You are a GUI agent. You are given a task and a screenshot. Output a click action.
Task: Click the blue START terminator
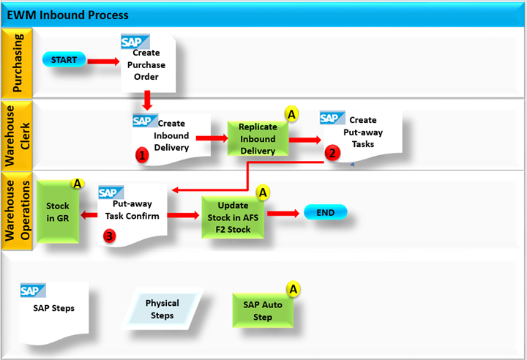64,59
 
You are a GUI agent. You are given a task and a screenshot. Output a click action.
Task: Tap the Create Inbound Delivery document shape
171,135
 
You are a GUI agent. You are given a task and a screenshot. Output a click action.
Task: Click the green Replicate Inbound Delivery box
257,138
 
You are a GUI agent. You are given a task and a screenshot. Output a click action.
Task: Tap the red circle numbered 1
142,154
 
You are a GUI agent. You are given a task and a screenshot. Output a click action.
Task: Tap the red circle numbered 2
333,154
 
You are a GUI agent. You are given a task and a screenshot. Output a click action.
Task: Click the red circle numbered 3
109,236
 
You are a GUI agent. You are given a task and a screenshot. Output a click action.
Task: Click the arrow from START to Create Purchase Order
103,60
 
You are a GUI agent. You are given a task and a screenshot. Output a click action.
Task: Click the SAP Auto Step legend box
263,311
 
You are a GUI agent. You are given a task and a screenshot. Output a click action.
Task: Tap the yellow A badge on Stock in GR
76,184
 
